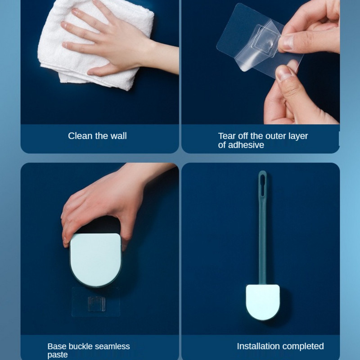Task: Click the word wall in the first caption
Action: click(x=118, y=136)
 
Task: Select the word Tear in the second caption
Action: click(x=227, y=136)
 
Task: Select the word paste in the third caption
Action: click(x=58, y=355)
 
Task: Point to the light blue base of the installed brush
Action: click(x=263, y=302)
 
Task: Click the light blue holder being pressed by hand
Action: click(x=95, y=260)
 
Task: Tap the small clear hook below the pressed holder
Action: click(x=97, y=304)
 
